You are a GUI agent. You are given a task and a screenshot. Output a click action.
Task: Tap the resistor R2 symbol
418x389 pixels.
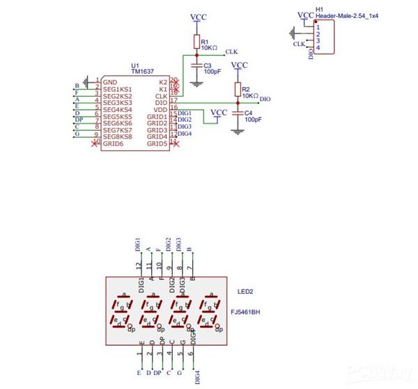pos(238,89)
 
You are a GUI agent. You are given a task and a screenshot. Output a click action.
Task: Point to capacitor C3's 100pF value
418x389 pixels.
pos(212,72)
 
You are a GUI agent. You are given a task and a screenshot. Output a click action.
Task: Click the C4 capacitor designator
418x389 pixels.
pos(249,112)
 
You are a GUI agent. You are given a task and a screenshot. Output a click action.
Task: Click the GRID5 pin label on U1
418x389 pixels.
pos(157,143)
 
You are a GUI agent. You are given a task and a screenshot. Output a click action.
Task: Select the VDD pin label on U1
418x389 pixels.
pos(161,109)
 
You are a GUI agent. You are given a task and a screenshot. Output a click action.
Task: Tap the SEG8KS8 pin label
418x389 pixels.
pos(117,136)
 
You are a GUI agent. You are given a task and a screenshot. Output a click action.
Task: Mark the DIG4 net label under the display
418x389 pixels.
pos(197,376)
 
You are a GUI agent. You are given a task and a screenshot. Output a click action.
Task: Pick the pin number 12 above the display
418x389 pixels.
pos(139,267)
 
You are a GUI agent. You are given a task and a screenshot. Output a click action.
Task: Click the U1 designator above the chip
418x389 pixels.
pos(135,65)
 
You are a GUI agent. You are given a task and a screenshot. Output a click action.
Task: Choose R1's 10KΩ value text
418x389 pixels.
pos(209,48)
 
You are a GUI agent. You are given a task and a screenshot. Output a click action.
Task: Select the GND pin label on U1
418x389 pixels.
pos(109,82)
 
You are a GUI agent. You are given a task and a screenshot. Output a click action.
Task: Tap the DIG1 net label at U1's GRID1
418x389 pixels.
pos(185,113)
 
